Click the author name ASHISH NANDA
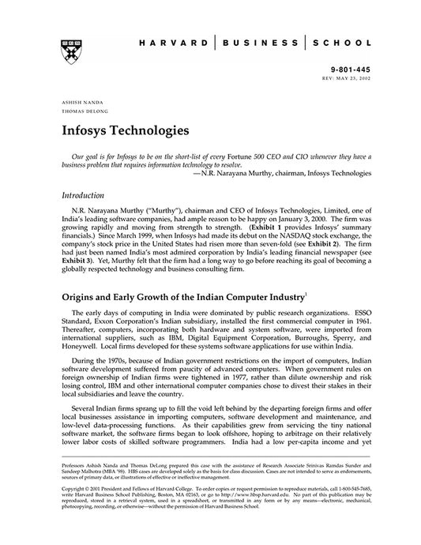coord(75,103)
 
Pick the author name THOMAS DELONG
coord(77,112)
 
